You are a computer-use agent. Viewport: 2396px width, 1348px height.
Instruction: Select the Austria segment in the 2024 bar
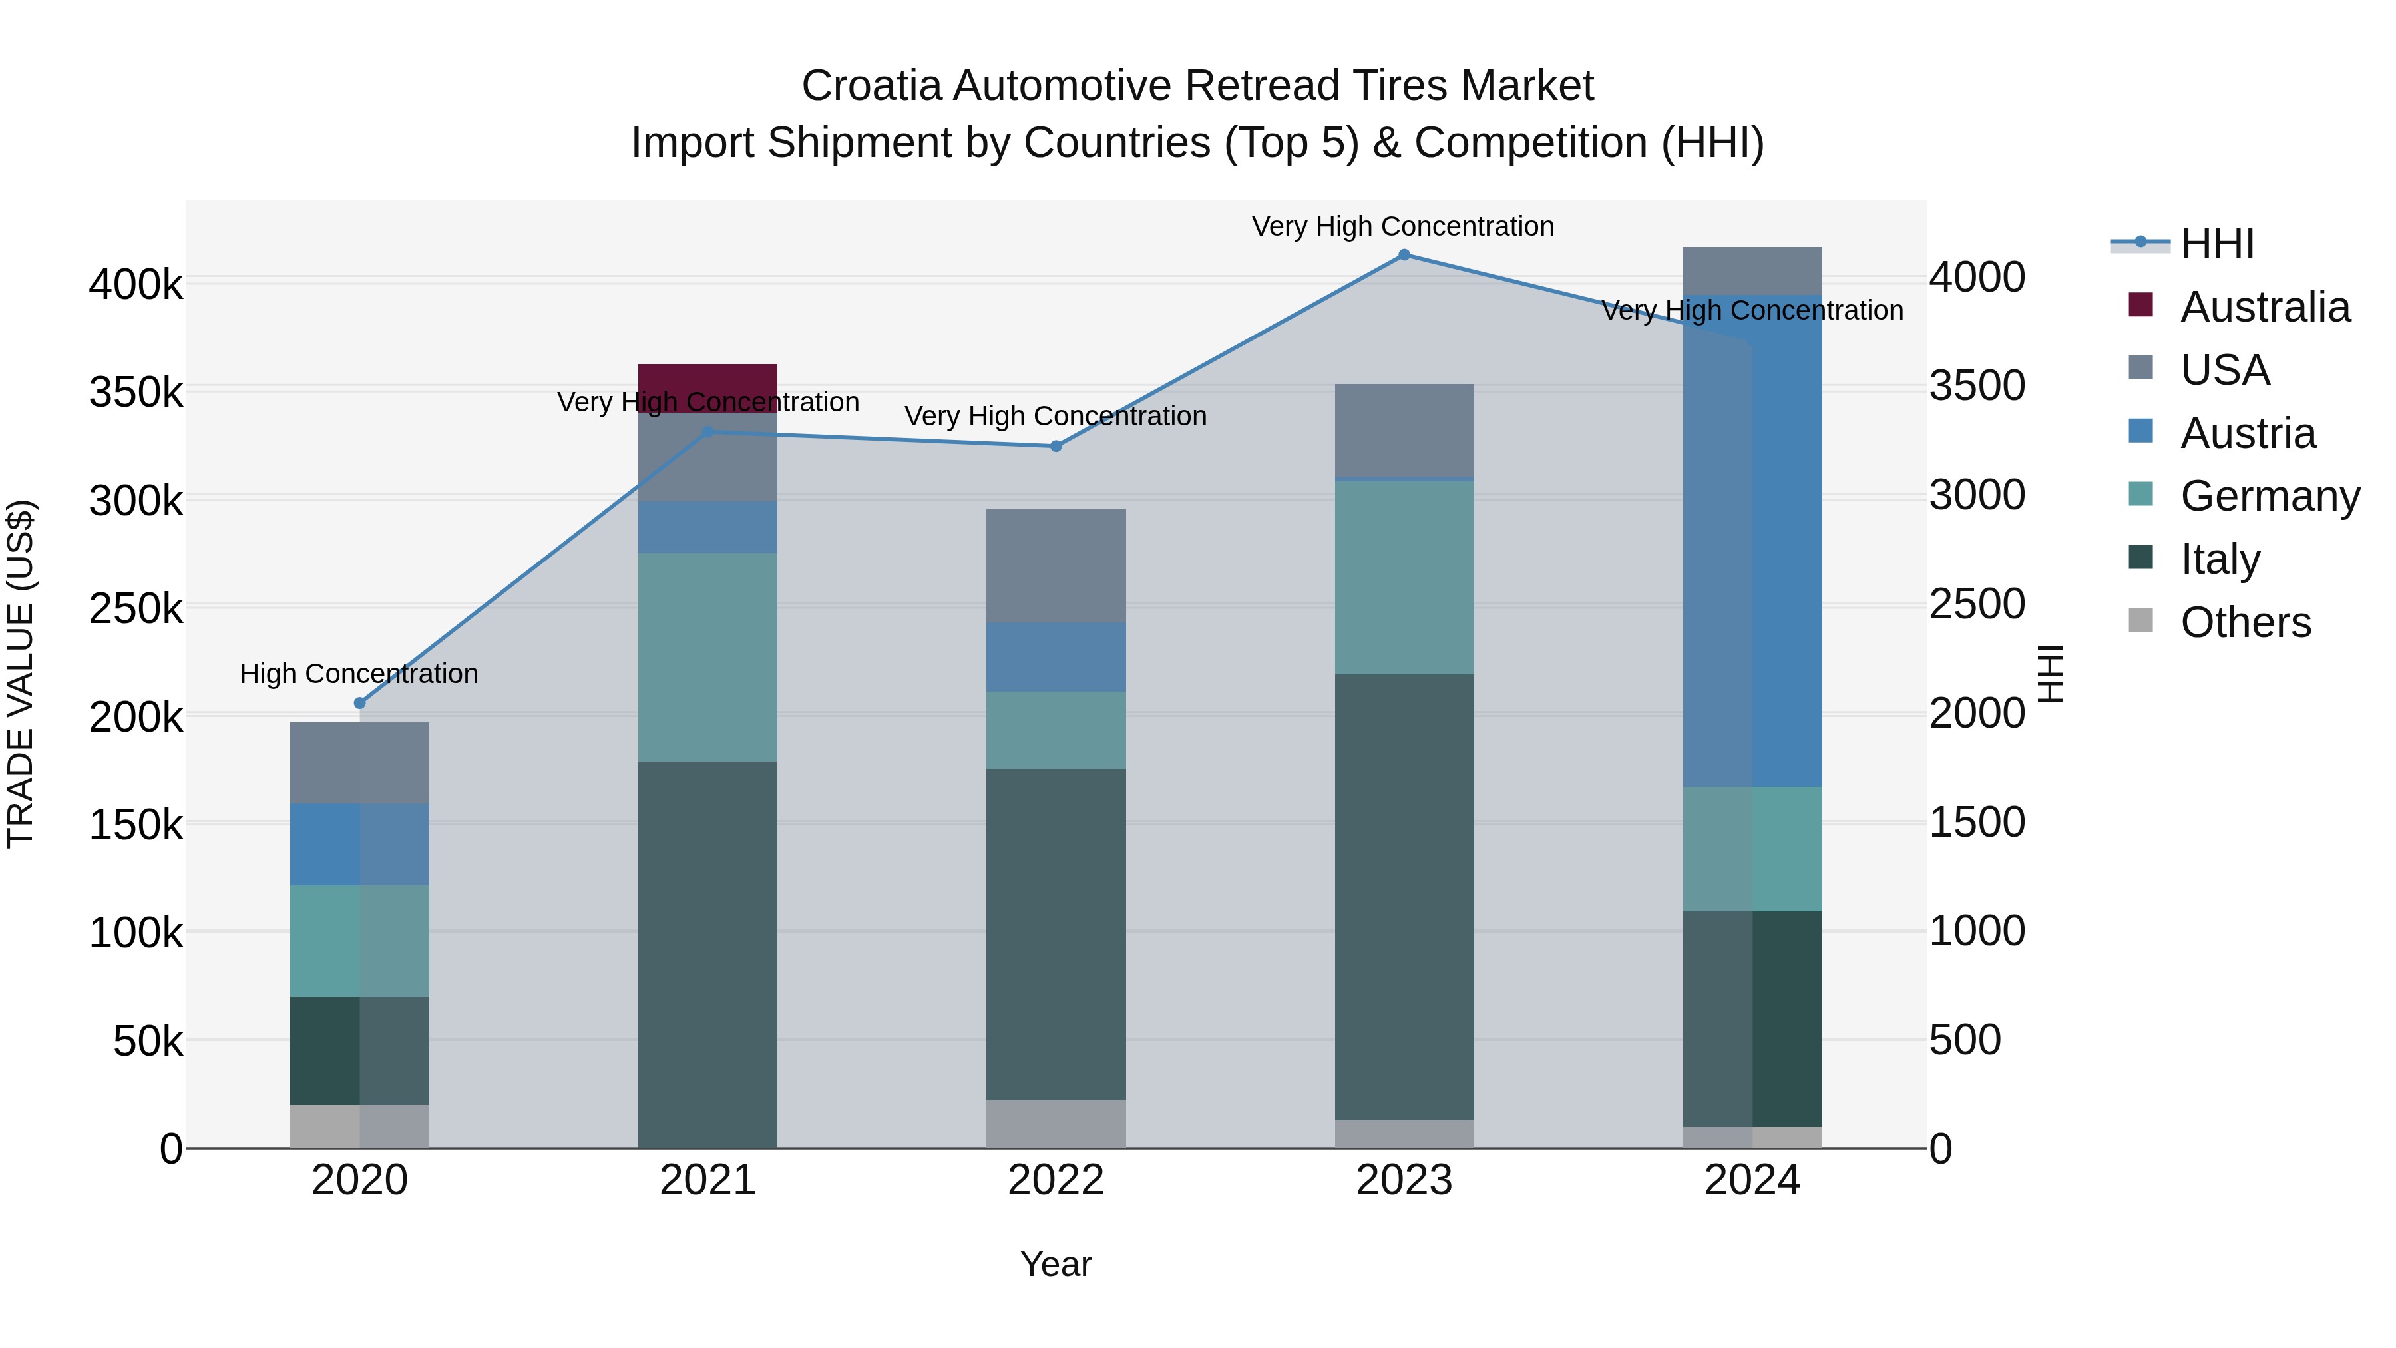coord(1752,540)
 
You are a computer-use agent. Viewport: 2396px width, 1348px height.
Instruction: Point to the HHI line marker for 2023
coord(1404,255)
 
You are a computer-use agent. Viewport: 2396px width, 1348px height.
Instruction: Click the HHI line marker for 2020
coord(360,704)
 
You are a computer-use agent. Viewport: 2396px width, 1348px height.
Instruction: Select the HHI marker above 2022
coord(1056,447)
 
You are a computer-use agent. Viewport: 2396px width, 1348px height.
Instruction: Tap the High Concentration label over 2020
coord(359,674)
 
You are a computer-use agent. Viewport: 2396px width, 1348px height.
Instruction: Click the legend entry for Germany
coord(2270,496)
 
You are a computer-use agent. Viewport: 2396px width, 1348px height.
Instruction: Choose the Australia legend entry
coord(2264,307)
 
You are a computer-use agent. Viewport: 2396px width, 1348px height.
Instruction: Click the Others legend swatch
coord(2140,620)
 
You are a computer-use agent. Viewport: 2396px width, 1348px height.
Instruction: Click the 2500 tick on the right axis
coord(1977,604)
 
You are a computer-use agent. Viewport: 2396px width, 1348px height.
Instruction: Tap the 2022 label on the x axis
coord(1056,1180)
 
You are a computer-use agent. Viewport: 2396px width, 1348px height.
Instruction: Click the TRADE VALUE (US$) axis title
coord(21,674)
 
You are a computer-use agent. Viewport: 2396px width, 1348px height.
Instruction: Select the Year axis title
coord(1056,1264)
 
